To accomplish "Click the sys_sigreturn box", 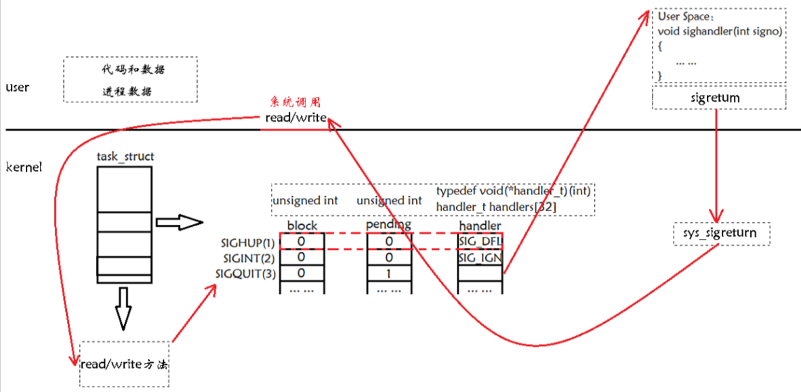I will (x=723, y=234).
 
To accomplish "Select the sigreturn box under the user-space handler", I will (x=719, y=98).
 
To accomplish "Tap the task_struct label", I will (x=125, y=156).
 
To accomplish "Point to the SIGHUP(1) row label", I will (x=248, y=242).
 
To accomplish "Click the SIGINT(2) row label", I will (x=249, y=258).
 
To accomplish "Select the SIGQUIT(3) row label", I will (x=246, y=274).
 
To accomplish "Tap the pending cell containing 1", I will (x=389, y=274).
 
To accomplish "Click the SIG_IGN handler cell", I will (x=480, y=258).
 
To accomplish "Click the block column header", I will (x=302, y=225).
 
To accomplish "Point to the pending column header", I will (x=388, y=224).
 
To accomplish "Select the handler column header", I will (x=480, y=225).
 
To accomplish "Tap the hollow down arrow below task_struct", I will (x=123, y=306).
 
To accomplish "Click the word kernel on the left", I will (x=24, y=167).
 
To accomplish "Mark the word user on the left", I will (x=17, y=87).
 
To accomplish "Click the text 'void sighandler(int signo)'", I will (x=720, y=32).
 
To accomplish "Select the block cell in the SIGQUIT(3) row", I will (x=302, y=274).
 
